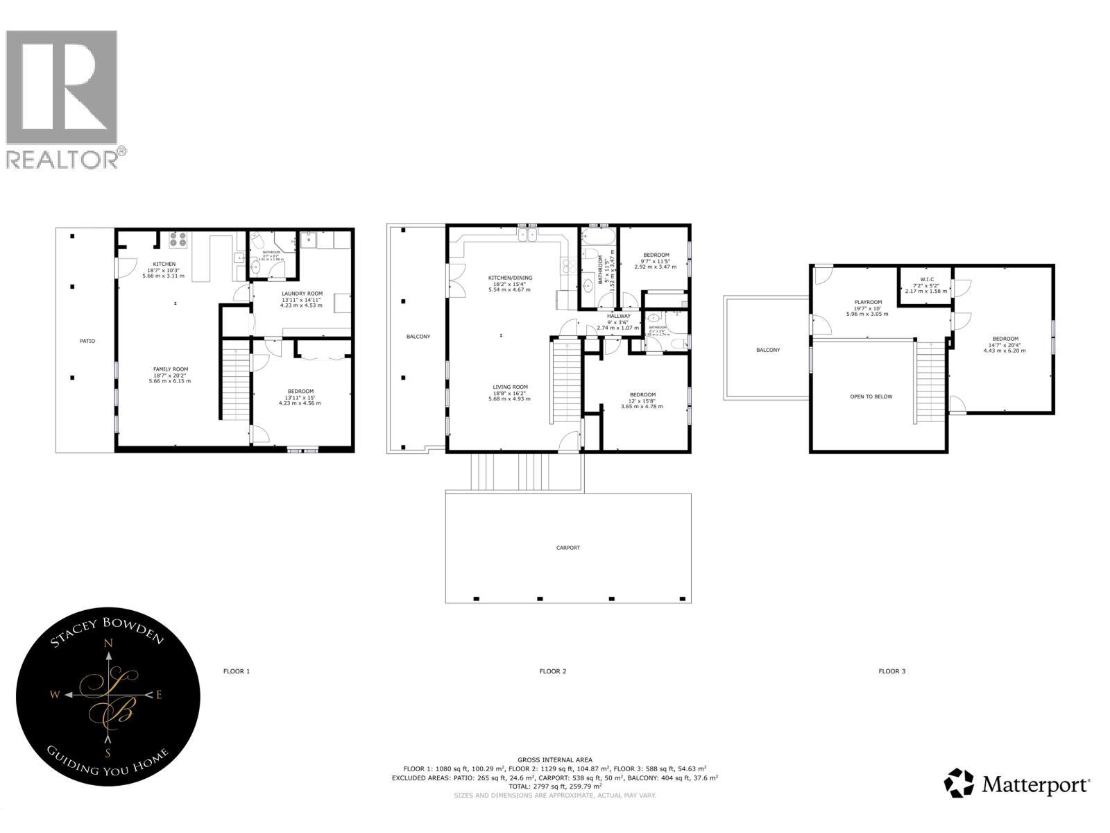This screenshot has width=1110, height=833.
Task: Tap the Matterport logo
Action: point(1017,784)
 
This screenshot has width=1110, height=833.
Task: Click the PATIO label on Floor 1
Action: point(87,341)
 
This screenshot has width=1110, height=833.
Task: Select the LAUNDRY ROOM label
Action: point(301,294)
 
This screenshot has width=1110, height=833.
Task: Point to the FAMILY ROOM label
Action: point(171,369)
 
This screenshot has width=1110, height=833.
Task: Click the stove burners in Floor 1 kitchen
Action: point(178,239)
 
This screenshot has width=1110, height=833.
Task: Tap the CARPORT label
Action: point(568,548)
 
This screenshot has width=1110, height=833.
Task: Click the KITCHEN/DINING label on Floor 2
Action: point(510,278)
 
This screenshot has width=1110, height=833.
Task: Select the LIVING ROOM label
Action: point(511,387)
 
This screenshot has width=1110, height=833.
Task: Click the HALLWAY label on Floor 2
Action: point(619,316)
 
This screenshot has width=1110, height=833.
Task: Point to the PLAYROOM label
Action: point(868,302)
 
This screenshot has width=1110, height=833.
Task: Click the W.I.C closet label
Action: point(927,279)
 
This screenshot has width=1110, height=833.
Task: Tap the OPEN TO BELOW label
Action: point(871,397)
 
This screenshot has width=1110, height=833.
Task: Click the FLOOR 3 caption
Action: point(892,671)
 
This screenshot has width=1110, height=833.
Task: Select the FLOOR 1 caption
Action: point(237,671)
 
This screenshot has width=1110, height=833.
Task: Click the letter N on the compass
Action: point(108,643)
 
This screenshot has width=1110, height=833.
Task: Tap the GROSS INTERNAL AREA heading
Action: point(555,760)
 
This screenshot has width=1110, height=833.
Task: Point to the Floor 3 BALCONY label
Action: point(768,350)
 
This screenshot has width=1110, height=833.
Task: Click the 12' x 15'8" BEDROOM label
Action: point(642,395)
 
